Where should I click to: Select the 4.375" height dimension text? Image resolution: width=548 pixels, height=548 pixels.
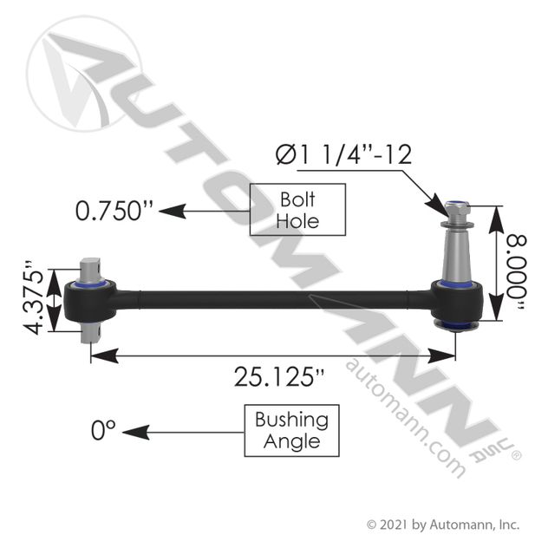(35, 300)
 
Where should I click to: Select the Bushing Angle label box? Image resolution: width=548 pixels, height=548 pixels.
(291, 430)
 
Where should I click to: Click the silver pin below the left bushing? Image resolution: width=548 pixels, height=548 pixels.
(92, 332)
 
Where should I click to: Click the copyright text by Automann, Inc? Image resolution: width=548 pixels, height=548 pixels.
(443, 525)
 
